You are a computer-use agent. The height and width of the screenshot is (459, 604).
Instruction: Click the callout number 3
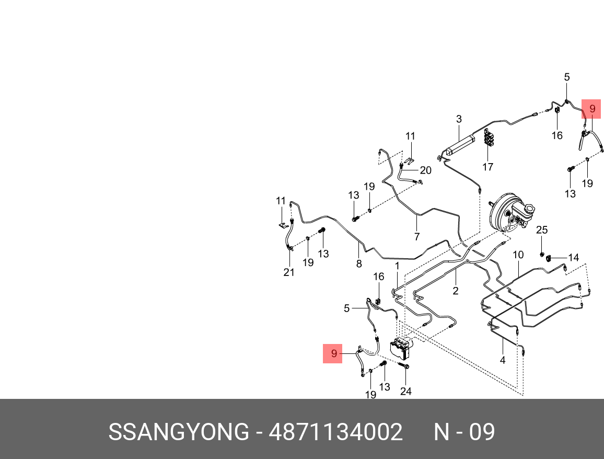[x=459, y=119]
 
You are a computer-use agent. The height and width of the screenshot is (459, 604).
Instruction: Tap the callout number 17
[x=487, y=167]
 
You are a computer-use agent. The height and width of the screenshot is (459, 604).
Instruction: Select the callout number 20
[x=425, y=170]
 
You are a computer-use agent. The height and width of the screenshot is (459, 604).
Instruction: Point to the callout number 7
[x=417, y=237]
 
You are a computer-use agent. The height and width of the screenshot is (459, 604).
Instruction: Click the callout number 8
[x=359, y=264]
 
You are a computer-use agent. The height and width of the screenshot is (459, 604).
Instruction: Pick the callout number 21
[x=289, y=272]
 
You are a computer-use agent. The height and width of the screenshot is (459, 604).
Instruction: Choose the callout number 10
[x=518, y=255]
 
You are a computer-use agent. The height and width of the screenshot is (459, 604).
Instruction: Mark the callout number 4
[x=503, y=360]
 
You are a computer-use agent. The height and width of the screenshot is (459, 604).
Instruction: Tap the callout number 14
[x=574, y=257]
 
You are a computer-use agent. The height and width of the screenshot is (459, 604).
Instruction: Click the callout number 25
[x=542, y=230]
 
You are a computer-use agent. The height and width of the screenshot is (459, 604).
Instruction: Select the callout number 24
[x=405, y=391]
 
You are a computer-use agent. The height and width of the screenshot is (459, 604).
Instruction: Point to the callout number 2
[x=456, y=291]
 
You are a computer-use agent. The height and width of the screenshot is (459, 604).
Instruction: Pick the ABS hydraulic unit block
[x=401, y=347]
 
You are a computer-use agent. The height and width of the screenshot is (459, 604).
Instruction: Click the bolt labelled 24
[x=405, y=366]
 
